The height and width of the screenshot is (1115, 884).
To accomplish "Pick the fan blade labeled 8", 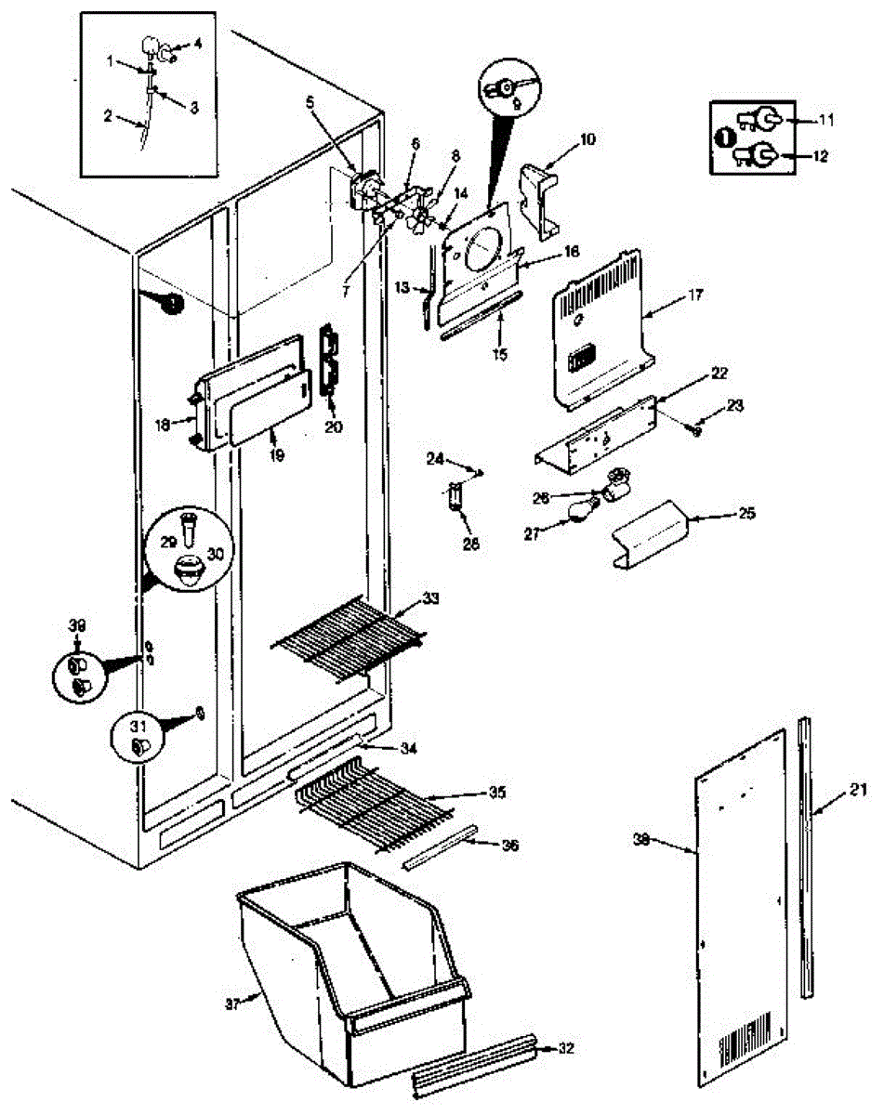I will click(421, 219).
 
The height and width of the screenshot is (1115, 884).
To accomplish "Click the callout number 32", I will click(566, 1047).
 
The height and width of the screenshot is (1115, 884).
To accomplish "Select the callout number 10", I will click(590, 138).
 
